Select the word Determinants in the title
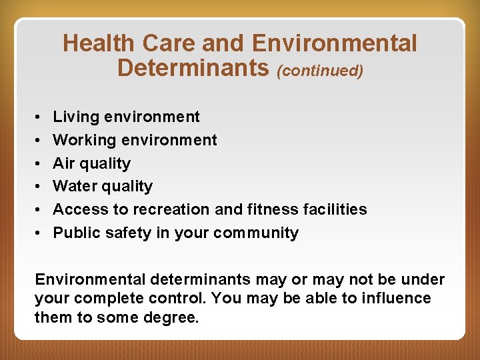(x=193, y=68)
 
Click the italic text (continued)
(x=320, y=70)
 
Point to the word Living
(x=76, y=117)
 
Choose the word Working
(x=83, y=141)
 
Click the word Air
(x=64, y=163)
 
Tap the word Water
(x=73, y=186)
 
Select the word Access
(x=78, y=209)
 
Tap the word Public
(x=75, y=233)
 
